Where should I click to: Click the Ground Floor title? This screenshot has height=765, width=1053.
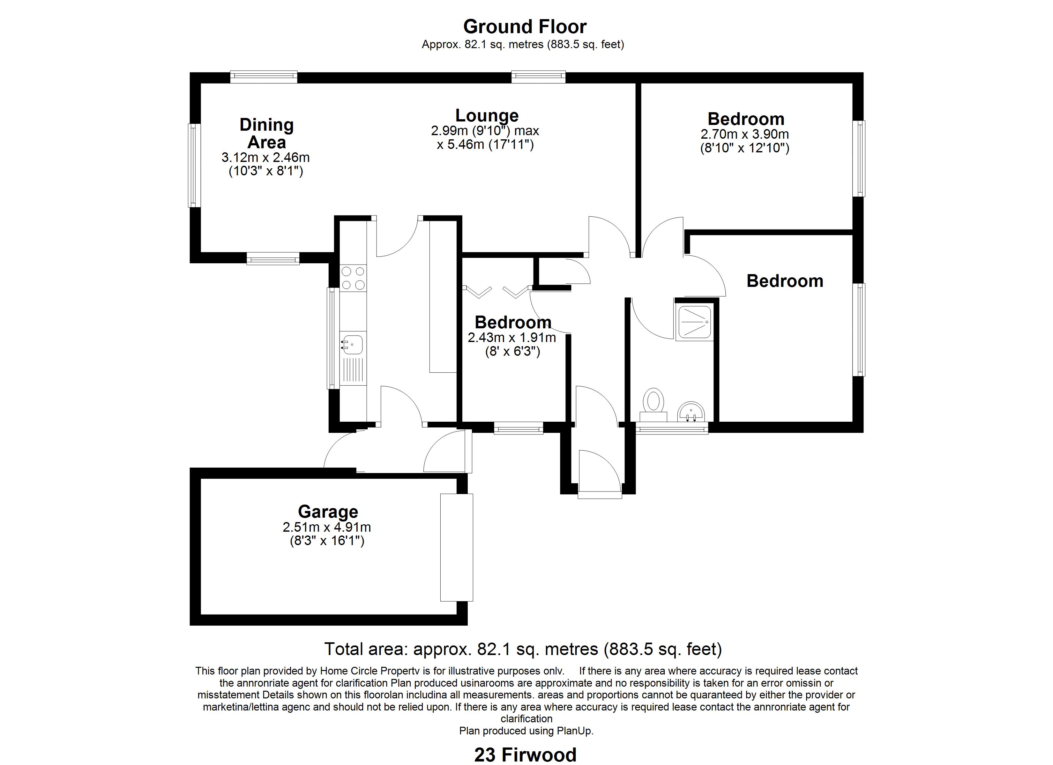pos(525,27)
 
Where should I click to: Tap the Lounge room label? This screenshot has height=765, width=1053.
pos(487,115)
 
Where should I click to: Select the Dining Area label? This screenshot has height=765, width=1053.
pos(266,134)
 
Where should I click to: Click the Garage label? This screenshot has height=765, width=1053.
pos(328,512)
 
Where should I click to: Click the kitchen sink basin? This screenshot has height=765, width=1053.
pos(353,344)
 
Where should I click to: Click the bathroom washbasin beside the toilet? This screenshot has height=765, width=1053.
pos(691,412)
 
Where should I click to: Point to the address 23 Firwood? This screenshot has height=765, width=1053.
pos(526,755)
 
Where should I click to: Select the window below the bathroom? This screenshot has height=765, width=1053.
pos(672,428)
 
